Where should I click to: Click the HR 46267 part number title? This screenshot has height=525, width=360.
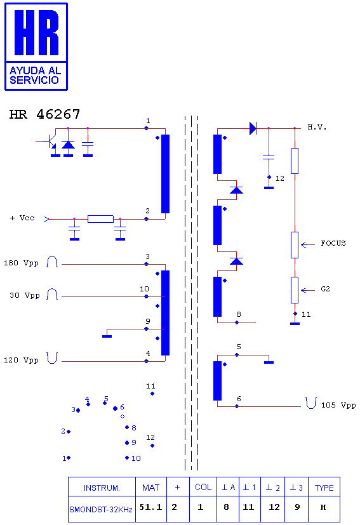coord(44,114)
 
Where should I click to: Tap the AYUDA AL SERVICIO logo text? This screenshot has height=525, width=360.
coord(35,76)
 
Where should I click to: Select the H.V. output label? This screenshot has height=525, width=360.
coord(317,127)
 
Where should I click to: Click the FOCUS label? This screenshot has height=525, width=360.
coord(333,243)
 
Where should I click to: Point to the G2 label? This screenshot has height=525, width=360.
coord(325,289)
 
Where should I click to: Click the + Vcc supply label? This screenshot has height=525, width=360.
coord(22,218)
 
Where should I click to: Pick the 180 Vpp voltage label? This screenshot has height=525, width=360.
coord(21,263)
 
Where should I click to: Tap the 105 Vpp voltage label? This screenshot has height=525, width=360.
coord(338,405)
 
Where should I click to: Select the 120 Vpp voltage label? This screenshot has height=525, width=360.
coord(21,361)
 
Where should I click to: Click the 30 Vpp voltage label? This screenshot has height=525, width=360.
coord(25,295)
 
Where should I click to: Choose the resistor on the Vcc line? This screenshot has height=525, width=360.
coord(100,219)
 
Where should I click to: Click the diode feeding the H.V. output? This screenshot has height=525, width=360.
coord(253,128)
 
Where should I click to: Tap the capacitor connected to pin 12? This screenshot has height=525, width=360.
coord(269,157)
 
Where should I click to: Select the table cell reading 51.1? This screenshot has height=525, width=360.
coord(150,507)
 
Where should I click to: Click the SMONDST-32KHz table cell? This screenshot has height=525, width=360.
coord(101,509)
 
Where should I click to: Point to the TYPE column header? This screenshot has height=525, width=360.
coord(324,488)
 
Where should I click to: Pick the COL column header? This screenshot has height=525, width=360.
coord(203,487)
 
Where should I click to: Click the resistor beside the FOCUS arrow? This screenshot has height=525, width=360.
coord(295,245)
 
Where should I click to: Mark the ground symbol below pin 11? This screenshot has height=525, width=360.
coord(295,323)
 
